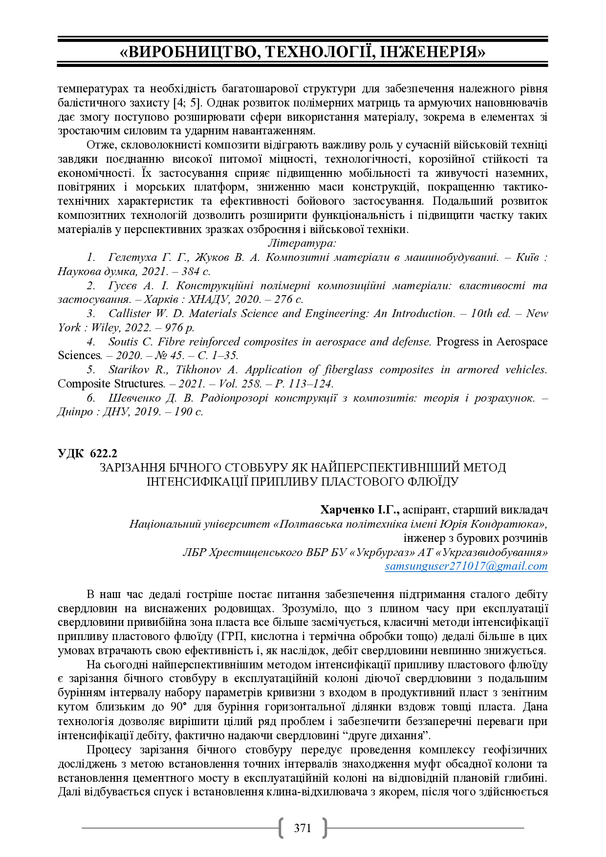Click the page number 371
pyautogui.click(x=303, y=828)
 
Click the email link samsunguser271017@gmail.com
pyautogui.click(x=466, y=566)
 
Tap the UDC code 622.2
pyautogui.click(x=104, y=453)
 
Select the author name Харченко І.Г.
pyautogui.click(x=360, y=510)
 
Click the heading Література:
pyautogui.click(x=302, y=243)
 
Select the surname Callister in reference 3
pyautogui.click(x=129, y=314)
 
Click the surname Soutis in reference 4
pyautogui.click(x=124, y=342)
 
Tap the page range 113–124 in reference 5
pyautogui.click(x=310, y=384)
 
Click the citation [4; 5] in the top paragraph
pyautogui.click(x=187, y=103)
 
